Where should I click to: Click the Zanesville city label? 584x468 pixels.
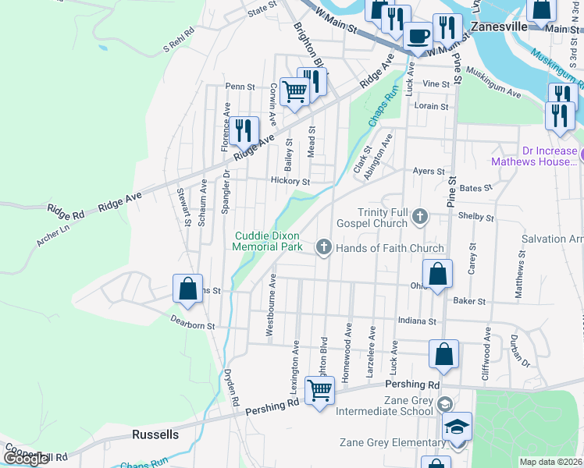pos(500,26)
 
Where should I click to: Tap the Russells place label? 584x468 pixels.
pos(155,434)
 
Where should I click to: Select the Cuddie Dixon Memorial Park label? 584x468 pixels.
pos(267,241)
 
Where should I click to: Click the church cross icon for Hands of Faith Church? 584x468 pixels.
pos(324,248)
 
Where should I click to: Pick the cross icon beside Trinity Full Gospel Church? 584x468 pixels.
pos(420,217)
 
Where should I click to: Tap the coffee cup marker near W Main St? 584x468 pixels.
pos(417,35)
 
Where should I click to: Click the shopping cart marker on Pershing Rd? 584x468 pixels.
pos(319,391)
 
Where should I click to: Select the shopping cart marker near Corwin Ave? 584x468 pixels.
pos(294,91)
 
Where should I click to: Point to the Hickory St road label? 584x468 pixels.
pos(290,182)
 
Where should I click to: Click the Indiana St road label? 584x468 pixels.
pos(415,321)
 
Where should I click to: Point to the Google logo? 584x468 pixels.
pos(27,459)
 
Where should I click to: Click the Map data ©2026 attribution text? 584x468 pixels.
pos(551,462)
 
